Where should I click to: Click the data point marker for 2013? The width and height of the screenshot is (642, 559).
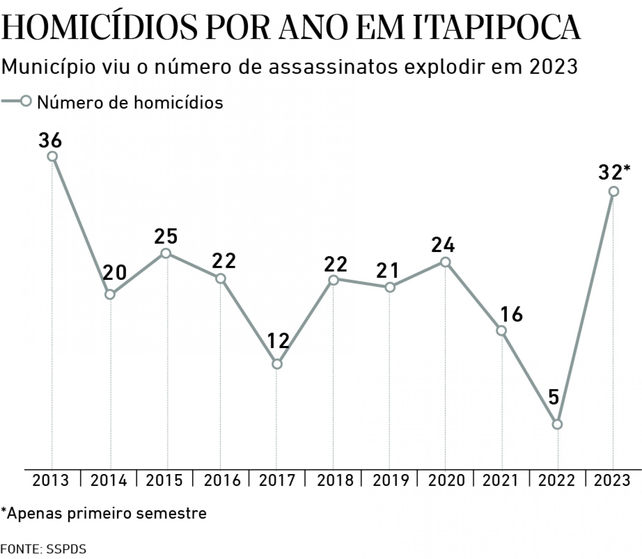(x=52, y=156)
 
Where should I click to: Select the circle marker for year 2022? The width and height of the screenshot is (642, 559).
(x=557, y=424)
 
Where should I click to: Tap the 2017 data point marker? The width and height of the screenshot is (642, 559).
(x=277, y=364)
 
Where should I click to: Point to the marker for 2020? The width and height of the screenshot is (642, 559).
(x=445, y=262)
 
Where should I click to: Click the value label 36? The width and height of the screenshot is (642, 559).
(x=50, y=140)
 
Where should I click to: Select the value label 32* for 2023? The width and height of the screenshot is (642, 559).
(x=614, y=173)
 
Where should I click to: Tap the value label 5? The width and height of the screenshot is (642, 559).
(x=554, y=398)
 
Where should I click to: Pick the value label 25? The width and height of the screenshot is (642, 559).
(x=166, y=236)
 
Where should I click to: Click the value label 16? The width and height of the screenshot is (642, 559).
(x=512, y=314)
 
